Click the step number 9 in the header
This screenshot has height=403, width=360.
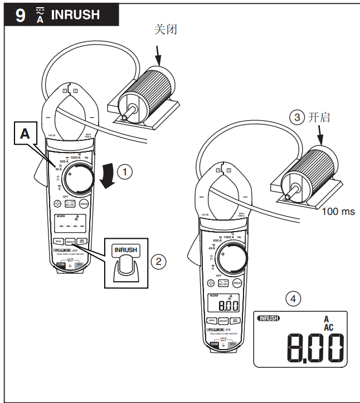click(x=20, y=14)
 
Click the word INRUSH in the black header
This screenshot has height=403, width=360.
click(x=75, y=15)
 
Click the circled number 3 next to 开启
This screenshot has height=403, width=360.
click(x=297, y=117)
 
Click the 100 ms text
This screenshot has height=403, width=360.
click(x=338, y=212)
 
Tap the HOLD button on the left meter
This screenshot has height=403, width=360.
click(x=84, y=204)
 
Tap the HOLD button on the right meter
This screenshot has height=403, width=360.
click(x=237, y=283)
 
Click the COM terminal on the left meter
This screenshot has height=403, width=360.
click(x=60, y=264)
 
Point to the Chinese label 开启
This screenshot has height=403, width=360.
click(x=319, y=117)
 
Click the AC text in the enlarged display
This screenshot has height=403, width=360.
click(x=328, y=328)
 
